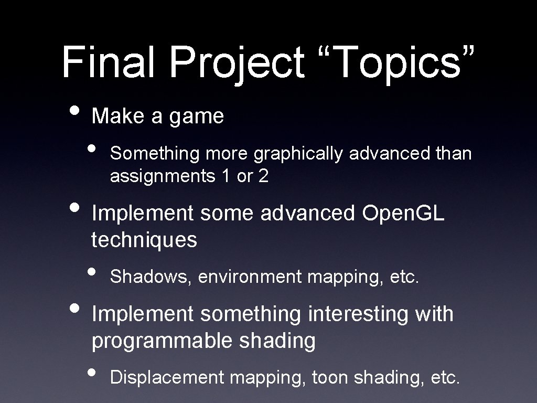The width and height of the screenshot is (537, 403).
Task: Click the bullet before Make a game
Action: pos(76,111)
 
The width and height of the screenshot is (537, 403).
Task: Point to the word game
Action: pos(196,116)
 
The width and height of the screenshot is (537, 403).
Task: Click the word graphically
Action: pos(298,154)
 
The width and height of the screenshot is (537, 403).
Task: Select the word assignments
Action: pos(159,177)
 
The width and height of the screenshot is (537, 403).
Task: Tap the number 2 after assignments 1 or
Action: pos(263,177)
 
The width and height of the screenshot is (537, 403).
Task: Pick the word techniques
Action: pos(144,241)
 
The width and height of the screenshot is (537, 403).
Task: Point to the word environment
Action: pos(250,277)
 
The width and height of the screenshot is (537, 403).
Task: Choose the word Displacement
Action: pos(167,377)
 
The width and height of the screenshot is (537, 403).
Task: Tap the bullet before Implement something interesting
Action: pos(76,309)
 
